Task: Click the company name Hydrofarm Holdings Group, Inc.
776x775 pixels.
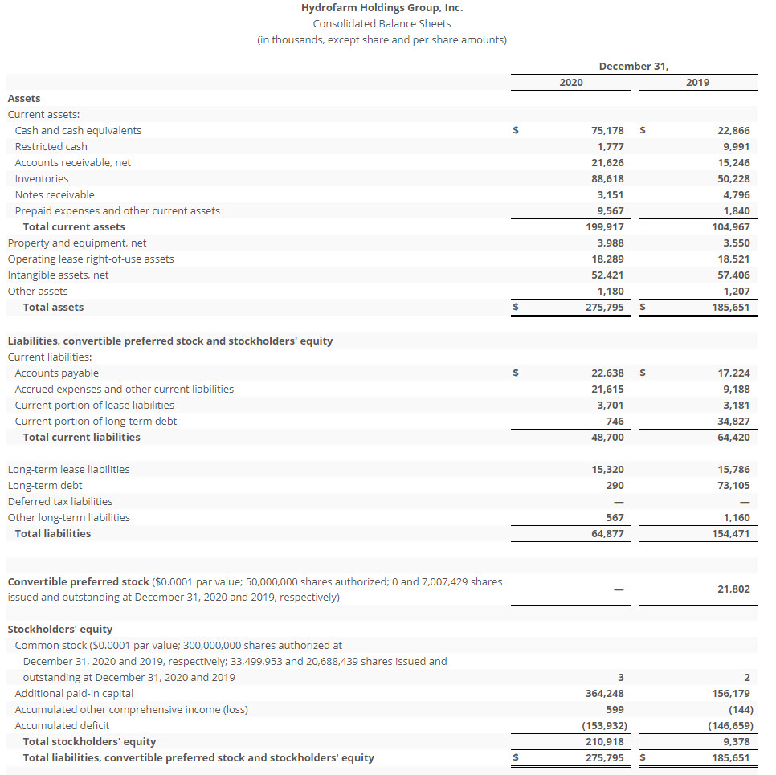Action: tap(382, 8)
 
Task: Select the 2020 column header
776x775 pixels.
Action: tap(570, 83)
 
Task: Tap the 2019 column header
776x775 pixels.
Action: tap(697, 83)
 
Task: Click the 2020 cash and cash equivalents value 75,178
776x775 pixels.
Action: tap(607, 131)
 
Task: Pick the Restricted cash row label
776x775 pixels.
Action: tap(51, 147)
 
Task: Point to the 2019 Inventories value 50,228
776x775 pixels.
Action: tap(733, 179)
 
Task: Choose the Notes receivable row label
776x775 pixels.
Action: tap(55, 195)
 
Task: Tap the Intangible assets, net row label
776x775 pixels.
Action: tap(58, 275)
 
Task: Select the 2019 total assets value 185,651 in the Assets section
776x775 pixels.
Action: tap(730, 308)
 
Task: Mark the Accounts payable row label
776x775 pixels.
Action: tap(57, 373)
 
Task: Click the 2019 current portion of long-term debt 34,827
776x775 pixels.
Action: tap(733, 422)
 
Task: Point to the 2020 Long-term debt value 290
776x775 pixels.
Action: tap(615, 486)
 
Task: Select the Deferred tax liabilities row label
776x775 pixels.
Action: tap(60, 502)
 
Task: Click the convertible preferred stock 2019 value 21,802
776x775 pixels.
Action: tap(733, 589)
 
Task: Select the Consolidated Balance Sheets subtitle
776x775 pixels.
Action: tap(382, 24)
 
